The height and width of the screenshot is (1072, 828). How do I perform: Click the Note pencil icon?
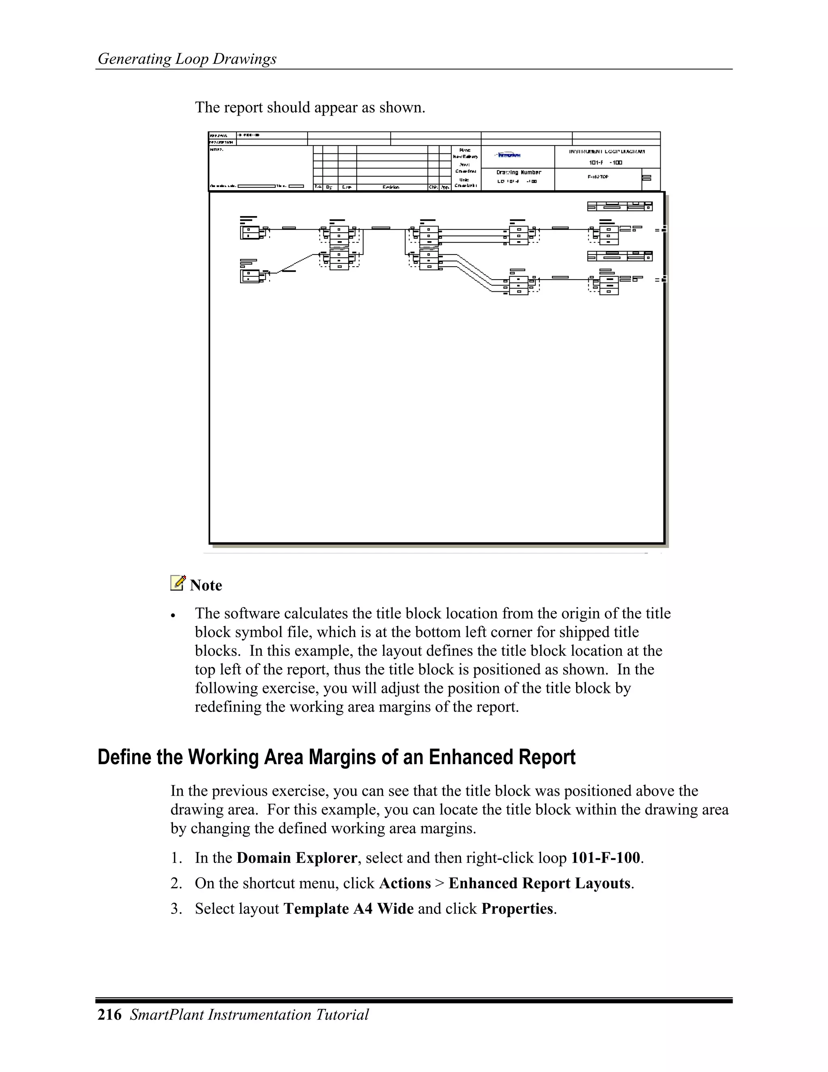[177, 583]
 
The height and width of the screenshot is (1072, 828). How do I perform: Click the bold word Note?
[206, 586]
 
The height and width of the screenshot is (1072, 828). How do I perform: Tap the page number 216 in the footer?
[110, 1015]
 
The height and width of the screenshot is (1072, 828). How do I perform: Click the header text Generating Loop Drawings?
[187, 59]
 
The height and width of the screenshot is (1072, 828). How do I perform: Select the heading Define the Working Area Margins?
[336, 757]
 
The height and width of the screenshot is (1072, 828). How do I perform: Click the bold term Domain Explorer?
[297, 858]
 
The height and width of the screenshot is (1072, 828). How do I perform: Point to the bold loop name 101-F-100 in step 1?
[606, 858]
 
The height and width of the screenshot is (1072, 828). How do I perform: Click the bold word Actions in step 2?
[405, 883]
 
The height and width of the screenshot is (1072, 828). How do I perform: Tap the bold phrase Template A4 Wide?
[349, 909]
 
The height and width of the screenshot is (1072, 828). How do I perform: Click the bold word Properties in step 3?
[517, 909]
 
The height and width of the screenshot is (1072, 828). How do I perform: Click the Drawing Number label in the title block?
[518, 172]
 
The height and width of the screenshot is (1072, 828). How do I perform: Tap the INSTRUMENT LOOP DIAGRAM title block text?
[607, 152]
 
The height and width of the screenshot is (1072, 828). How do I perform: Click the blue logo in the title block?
[509, 155]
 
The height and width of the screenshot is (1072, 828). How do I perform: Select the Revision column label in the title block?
[391, 187]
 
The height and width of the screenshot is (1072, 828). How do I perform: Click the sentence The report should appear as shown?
[310, 108]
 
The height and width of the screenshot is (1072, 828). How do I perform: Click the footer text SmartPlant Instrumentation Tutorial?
[249, 1015]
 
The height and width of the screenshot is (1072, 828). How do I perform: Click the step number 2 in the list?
[175, 883]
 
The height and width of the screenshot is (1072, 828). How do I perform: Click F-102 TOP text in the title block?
[598, 177]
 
